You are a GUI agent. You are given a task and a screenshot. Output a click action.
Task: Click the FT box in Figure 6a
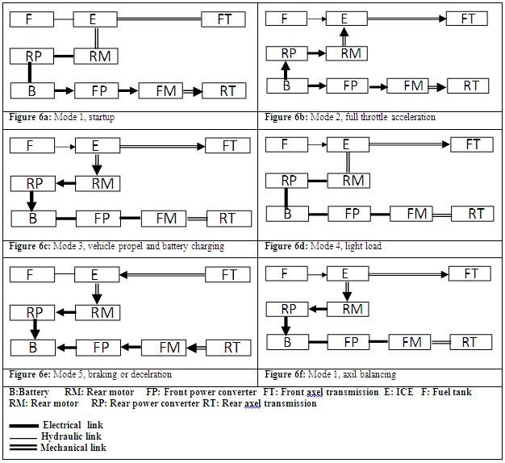[223, 19]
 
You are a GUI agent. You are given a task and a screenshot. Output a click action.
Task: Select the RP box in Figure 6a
[33, 56]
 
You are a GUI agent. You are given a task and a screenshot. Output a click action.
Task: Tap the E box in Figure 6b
[344, 19]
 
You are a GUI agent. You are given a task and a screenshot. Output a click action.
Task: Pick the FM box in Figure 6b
[413, 85]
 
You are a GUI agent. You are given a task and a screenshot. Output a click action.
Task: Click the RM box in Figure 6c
[102, 183]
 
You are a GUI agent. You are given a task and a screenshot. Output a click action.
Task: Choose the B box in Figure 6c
[33, 218]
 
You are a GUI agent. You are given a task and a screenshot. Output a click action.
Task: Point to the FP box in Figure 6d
[352, 214]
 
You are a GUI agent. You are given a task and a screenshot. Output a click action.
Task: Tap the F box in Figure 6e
[31, 275]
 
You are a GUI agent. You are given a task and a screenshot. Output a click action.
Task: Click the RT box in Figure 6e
[232, 348]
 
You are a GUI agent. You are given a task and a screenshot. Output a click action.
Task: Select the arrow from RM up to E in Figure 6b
[344, 36]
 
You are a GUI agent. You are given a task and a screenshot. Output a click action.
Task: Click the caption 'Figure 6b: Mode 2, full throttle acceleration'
[350, 117]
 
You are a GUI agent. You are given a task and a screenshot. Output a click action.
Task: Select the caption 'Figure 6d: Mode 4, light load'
[323, 246]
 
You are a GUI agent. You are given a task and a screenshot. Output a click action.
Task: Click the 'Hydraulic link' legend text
[71, 436]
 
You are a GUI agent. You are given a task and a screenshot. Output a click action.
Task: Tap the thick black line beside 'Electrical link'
[23, 425]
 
